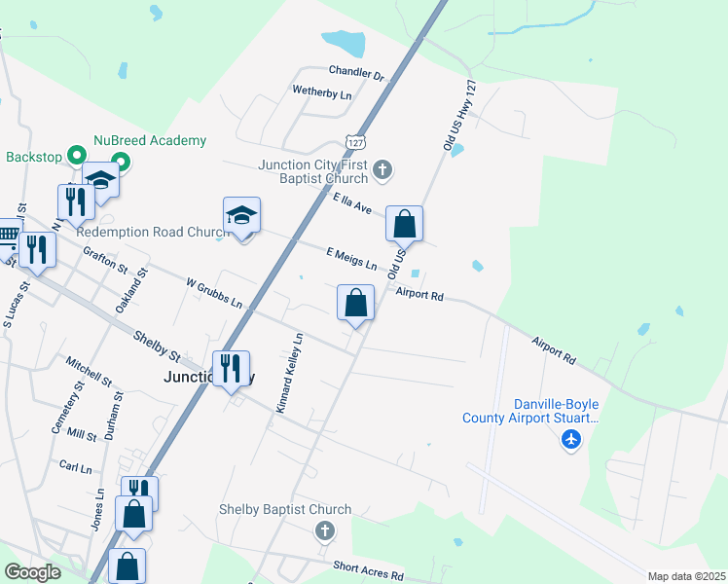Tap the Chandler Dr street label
pos(356,73)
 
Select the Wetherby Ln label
pos(321,93)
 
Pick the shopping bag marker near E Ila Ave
pos(404,225)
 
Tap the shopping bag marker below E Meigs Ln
pos(356,303)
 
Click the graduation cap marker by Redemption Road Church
pos(242,216)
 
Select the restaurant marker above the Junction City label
pos(231,369)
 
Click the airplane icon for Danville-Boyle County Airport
pos(571,440)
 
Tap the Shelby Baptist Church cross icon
pos(324,530)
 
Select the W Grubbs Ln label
pos(213,292)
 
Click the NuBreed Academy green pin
pos(121,162)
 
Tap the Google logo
pos(33,572)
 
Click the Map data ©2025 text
pos(685,576)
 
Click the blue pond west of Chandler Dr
pos(343,44)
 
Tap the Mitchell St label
pos(90,370)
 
